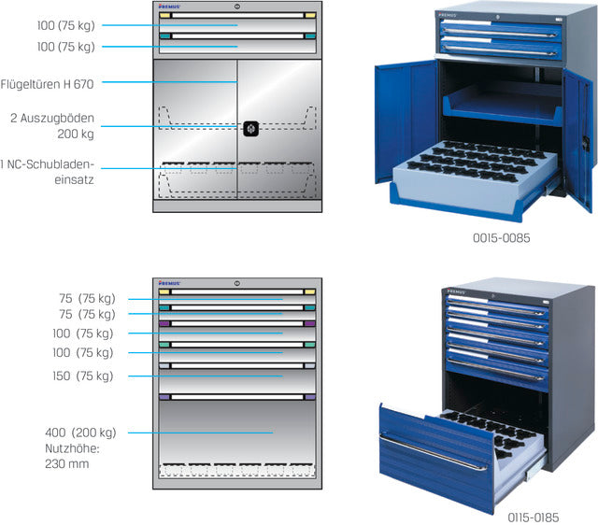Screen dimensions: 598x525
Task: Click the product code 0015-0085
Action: (501, 238)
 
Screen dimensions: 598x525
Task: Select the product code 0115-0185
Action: (533, 518)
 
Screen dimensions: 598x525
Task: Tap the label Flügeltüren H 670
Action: (47, 84)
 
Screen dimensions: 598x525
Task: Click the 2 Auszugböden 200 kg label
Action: (52, 126)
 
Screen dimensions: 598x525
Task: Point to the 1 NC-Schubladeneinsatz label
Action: (47, 172)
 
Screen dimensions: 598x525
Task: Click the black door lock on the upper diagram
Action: (251, 129)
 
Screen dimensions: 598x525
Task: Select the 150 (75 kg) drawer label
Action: (83, 376)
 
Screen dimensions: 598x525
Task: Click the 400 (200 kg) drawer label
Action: (80, 433)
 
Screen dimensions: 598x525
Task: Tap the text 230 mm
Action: (67, 464)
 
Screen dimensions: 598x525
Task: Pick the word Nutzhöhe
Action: (72, 448)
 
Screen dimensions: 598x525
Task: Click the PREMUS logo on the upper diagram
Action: (169, 7)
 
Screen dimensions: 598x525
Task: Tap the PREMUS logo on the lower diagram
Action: (169, 283)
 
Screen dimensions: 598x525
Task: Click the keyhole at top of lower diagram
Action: (236, 283)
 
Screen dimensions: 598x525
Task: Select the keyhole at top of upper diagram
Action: (237, 7)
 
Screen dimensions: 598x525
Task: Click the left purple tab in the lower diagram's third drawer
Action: (164, 324)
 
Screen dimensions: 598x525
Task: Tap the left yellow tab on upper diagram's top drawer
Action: (164, 16)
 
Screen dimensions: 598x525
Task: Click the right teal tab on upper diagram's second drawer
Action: (310, 36)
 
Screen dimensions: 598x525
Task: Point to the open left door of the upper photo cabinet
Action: (406, 121)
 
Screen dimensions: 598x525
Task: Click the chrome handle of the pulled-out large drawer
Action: (434, 452)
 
